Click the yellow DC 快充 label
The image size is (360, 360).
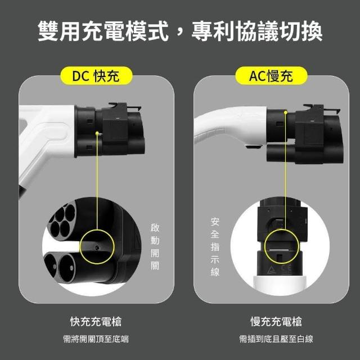[x=96, y=76]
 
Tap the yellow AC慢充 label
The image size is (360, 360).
[x=271, y=76]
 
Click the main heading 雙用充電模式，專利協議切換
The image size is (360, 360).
[x=180, y=31]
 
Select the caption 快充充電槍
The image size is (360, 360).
[x=96, y=321]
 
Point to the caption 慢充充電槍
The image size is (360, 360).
[x=276, y=321]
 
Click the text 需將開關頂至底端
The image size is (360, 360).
[x=96, y=339]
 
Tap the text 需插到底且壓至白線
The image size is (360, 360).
[x=276, y=339]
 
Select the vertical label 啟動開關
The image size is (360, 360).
[x=155, y=246]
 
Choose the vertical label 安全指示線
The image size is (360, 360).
[x=215, y=247]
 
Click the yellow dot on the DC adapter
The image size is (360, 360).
[x=97, y=133]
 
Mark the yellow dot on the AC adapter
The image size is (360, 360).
[x=286, y=112]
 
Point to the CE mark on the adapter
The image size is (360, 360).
[x=286, y=269]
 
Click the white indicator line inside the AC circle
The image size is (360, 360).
[x=279, y=250]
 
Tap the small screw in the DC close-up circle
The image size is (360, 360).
[x=97, y=248]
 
